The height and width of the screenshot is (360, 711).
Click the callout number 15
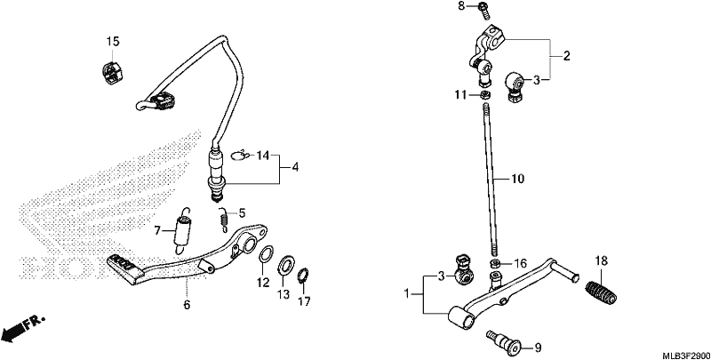pyautogui.click(x=113, y=42)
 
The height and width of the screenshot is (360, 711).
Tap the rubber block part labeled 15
pyautogui.click(x=111, y=69)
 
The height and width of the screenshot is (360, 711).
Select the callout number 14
pyautogui.click(x=262, y=156)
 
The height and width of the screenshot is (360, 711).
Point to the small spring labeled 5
pyautogui.click(x=223, y=220)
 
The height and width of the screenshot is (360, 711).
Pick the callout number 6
pyautogui.click(x=187, y=305)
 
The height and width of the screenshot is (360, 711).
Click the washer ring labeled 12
pyautogui.click(x=266, y=253)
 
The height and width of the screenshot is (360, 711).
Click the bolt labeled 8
pyautogui.click(x=483, y=9)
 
